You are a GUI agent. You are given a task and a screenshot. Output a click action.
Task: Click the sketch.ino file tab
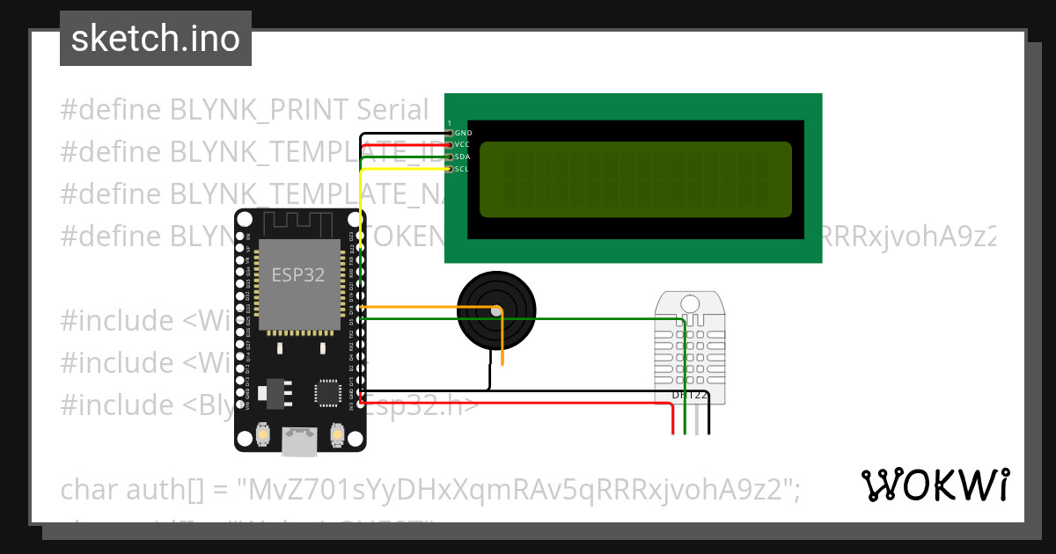click(x=156, y=39)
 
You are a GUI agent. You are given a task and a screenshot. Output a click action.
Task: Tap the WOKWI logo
click(x=935, y=485)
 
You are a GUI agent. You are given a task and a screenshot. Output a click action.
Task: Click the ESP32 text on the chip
click(x=297, y=274)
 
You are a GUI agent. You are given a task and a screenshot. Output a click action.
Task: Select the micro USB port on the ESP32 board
click(x=300, y=441)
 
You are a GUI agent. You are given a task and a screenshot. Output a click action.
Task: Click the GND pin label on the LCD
click(x=463, y=133)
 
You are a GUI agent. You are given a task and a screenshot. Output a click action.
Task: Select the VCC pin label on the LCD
click(x=463, y=144)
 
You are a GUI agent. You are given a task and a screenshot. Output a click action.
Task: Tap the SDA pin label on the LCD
click(x=463, y=157)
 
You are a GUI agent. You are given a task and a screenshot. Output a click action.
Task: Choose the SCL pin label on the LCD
click(x=463, y=169)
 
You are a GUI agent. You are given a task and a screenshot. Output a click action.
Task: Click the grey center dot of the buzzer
click(x=496, y=310)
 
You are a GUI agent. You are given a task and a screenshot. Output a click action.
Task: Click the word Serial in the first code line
click(x=392, y=110)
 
